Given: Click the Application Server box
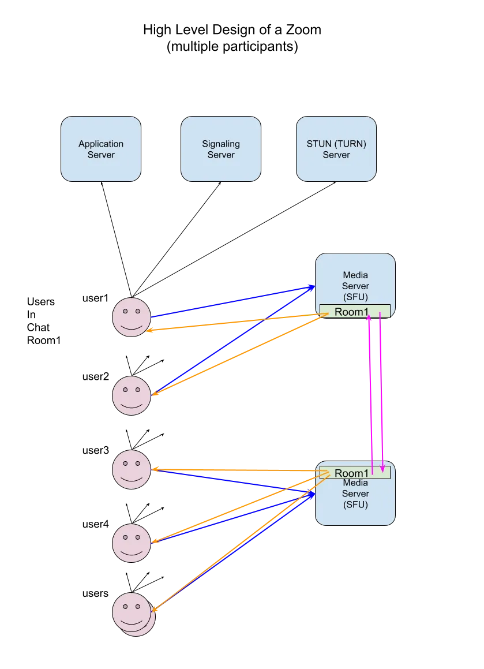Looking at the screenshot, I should [x=101, y=149].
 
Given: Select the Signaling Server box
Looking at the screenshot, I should [x=221, y=149].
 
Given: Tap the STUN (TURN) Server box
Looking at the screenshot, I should [x=336, y=149].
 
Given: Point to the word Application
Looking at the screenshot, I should [x=101, y=144].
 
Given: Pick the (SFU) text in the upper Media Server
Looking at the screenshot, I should [x=355, y=297].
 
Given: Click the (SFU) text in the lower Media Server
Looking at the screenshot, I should [x=355, y=504].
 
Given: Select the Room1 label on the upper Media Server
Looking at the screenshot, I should [x=351, y=312].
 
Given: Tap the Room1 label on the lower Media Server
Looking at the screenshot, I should [x=351, y=473].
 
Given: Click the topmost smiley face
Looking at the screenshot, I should [x=132, y=316].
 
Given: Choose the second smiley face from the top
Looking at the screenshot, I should [x=132, y=395].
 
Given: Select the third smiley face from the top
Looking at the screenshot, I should [x=132, y=469].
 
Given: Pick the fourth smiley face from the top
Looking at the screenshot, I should [x=132, y=543].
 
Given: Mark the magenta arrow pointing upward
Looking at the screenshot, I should [x=370, y=393].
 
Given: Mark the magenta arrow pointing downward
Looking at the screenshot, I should [x=381, y=393].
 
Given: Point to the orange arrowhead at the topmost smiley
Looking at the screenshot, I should [x=149, y=330].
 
